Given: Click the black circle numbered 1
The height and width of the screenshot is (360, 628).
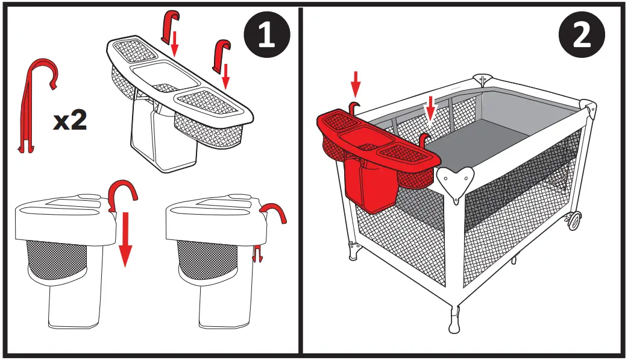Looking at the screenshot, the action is tap(267, 34).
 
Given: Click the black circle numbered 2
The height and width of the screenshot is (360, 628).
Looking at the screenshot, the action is tap(582, 34).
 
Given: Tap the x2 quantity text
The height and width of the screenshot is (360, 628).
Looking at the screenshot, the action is tap(70, 120).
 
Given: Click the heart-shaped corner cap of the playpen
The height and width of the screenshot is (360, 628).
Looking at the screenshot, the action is tap(456, 182).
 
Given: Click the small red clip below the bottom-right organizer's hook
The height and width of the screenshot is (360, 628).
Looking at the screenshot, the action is tap(257, 253).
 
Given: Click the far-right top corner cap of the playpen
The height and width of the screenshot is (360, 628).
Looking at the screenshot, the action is tap(588, 107).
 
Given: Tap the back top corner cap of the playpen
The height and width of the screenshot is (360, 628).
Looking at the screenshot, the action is tap(483, 80).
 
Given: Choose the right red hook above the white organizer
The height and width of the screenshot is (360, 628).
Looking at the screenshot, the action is tap(221, 55).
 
